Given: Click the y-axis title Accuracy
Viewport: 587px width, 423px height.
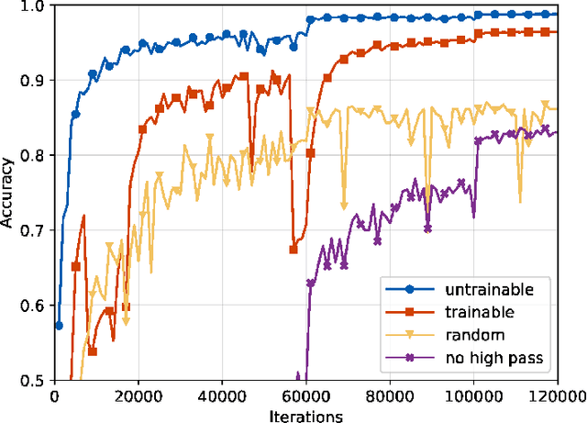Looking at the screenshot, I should [x=8, y=193].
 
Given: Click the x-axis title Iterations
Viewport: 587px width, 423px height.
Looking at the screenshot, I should [x=307, y=416].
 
